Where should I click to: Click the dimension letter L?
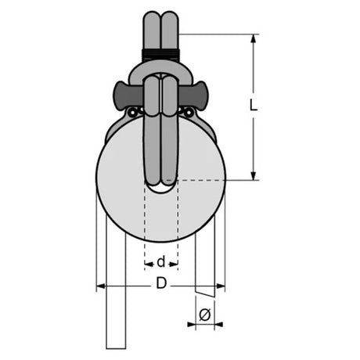tap(254, 105)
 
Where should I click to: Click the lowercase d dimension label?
tap(161, 261)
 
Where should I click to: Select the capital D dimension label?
tap(161, 283)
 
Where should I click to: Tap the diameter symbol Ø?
tap(205, 315)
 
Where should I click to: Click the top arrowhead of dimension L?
tap(254, 38)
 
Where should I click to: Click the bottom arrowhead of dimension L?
tap(254, 176)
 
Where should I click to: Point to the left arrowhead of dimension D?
tap(101, 286)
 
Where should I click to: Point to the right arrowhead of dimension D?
tap(221, 286)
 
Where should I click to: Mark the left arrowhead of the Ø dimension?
tap(192, 325)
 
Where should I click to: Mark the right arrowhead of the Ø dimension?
tap(218, 325)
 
